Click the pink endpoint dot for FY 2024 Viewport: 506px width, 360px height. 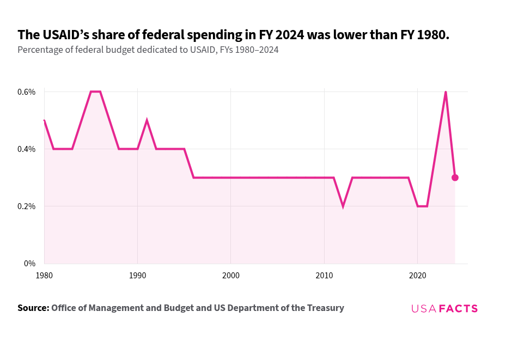(x=455, y=178)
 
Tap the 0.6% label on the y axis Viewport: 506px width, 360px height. (x=26, y=92)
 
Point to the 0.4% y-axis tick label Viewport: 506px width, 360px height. (x=26, y=149)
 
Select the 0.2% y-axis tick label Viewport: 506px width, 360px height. (x=26, y=206)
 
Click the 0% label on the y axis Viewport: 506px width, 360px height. (x=30, y=264)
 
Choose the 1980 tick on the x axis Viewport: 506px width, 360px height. (x=44, y=276)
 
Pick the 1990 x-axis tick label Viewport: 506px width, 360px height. (x=137, y=276)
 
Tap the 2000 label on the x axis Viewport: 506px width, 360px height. (x=231, y=276)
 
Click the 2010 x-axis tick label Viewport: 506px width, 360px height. (x=324, y=276)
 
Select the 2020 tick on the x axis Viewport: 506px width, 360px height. (x=417, y=276)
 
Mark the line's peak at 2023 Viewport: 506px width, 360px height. (x=446, y=92)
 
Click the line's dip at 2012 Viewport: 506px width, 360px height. (x=343, y=206)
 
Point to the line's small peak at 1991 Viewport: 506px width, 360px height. (x=147, y=120)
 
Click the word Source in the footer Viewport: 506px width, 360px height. (x=32, y=308)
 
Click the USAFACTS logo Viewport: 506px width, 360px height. (x=444, y=308)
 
